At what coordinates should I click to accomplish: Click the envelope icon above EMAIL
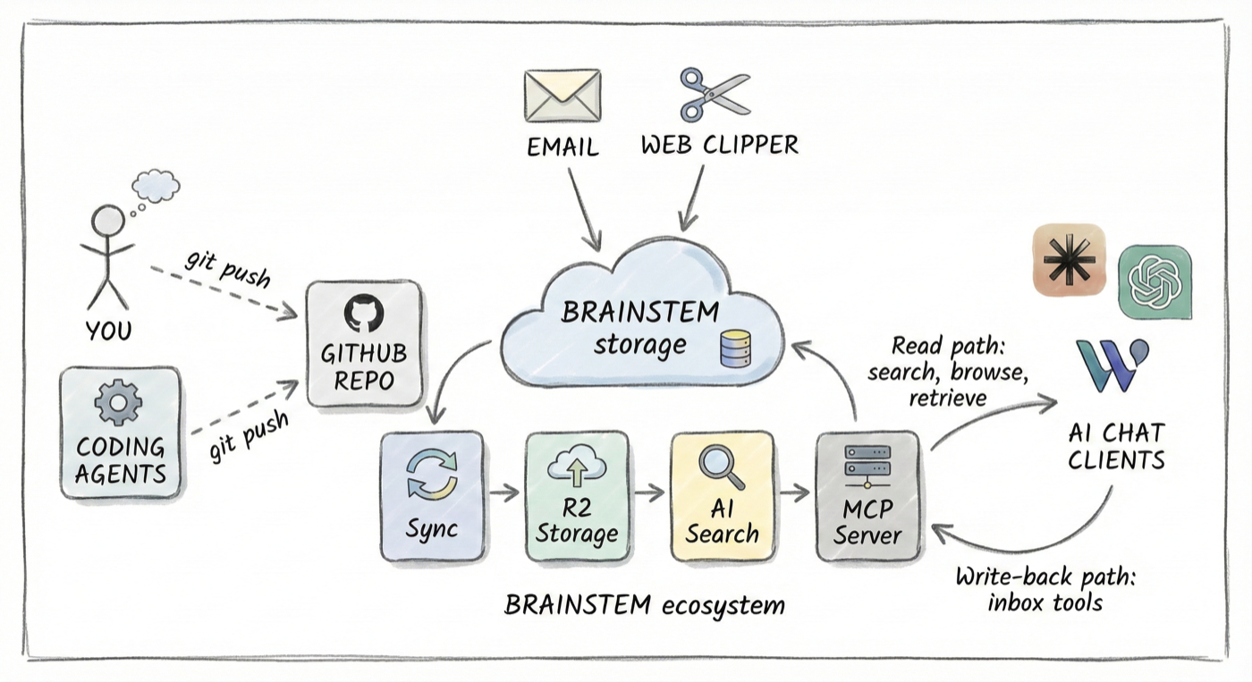pos(562,95)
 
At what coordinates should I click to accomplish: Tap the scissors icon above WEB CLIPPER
pos(715,95)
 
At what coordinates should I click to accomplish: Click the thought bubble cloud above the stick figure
pos(155,186)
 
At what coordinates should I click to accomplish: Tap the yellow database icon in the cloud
pos(734,349)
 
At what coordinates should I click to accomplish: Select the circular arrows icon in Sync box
pos(431,474)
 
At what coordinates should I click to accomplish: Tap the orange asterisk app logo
pos(1069,260)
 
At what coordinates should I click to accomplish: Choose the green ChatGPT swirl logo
pos(1155,282)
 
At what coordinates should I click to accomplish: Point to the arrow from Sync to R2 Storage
pos(504,493)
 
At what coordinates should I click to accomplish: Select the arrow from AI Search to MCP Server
pos(793,493)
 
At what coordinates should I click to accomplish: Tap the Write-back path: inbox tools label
pos(1045,589)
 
